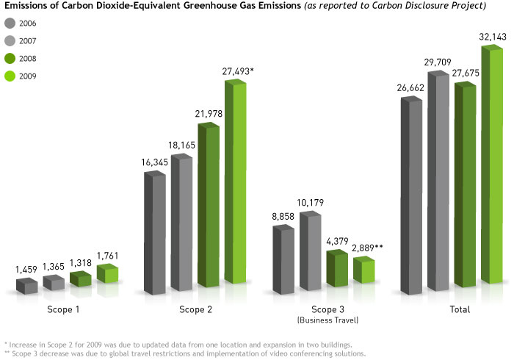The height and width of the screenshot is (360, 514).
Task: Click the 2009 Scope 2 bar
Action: (x=235, y=184)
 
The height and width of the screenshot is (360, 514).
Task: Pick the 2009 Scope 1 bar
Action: (x=107, y=276)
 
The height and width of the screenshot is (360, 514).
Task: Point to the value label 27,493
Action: (x=240, y=71)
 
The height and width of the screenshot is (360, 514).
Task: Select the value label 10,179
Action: (x=309, y=203)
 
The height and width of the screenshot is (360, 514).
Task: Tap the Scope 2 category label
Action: (x=196, y=310)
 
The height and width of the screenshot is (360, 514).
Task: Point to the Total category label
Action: (x=460, y=310)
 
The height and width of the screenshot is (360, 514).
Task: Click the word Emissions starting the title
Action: (x=26, y=7)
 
